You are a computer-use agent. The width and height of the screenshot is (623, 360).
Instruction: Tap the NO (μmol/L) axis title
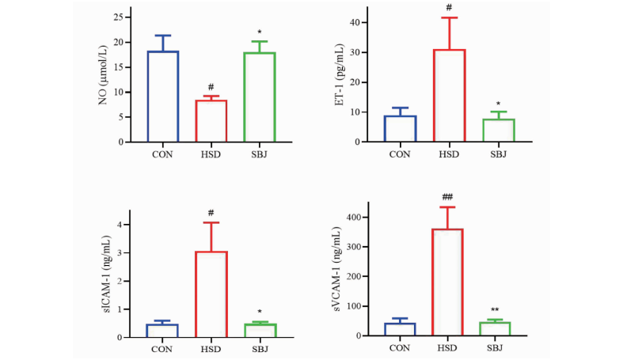tap(103, 75)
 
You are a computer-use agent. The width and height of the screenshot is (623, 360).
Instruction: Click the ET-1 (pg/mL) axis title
tap(339, 74)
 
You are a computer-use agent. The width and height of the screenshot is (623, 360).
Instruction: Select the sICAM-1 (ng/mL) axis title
tap(107, 275)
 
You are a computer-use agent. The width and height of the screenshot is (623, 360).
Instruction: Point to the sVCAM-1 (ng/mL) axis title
tap(336, 269)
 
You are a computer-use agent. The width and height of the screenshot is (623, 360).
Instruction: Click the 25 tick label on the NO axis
tap(119, 17)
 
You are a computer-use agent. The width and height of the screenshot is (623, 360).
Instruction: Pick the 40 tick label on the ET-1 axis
tap(355, 23)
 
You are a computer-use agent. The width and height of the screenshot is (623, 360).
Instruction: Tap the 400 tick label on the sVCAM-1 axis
tap(354, 217)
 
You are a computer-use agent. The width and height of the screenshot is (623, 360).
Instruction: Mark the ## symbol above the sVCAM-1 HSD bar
tap(447, 197)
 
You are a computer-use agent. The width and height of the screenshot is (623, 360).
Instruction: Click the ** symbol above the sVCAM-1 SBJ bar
tap(495, 310)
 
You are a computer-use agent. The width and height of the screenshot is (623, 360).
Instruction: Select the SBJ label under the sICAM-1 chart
tap(260, 349)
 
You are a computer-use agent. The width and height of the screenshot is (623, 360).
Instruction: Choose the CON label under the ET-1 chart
tap(400, 154)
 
